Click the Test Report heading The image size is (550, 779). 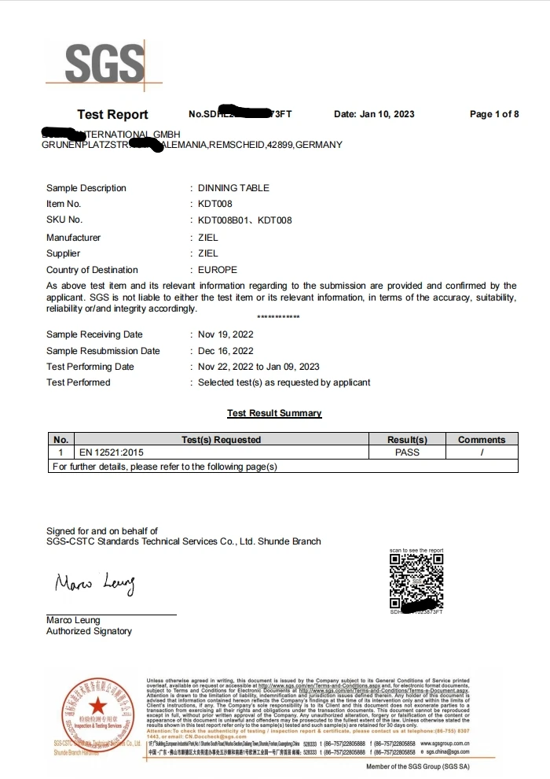tap(112, 115)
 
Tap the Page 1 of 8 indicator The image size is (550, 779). tap(493, 114)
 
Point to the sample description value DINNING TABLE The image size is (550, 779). tap(233, 188)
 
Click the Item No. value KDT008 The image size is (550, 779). tap(214, 204)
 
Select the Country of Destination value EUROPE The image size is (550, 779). tap(217, 270)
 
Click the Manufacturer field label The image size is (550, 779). tap(73, 238)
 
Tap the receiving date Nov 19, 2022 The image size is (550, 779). tap(225, 334)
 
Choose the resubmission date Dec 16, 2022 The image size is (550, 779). tap(225, 351)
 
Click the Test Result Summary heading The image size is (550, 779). tap(274, 413)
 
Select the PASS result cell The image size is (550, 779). tap(407, 452)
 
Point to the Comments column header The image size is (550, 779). tap(482, 440)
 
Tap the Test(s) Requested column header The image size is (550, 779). tap(221, 440)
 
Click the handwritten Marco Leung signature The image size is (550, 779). tap(95, 584)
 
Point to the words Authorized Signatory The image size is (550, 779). tap(89, 631)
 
